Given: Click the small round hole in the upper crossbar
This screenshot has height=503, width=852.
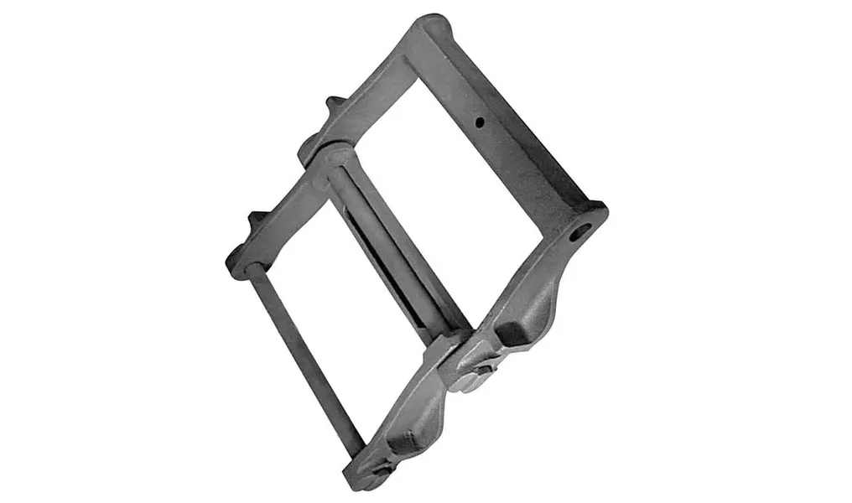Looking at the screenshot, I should [x=480, y=122].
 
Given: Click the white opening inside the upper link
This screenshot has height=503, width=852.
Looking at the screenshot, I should [x=428, y=184].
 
